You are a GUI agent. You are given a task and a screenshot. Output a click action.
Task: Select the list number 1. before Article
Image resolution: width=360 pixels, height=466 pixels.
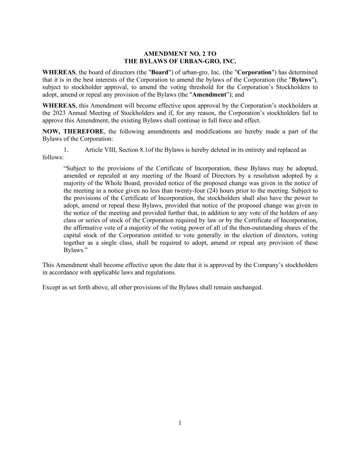(66, 150)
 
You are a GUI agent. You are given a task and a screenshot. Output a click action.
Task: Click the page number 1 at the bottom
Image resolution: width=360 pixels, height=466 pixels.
(180, 423)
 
